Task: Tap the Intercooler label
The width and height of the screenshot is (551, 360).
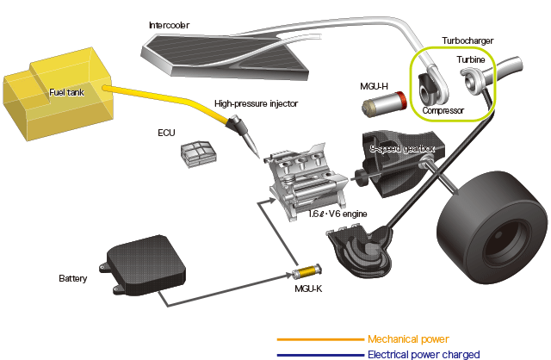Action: coord(169,25)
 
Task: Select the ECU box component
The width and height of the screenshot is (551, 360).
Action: coord(199,154)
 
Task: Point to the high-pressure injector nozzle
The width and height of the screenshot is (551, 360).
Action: coord(244,135)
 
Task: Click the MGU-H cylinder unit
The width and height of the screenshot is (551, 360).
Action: coord(384,103)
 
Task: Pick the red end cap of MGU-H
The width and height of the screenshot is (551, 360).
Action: coord(401,99)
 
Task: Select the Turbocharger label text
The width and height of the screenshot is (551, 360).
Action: coord(467,40)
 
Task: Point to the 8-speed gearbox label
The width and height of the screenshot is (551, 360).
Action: coord(402,149)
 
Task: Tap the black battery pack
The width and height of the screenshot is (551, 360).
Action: coord(145,265)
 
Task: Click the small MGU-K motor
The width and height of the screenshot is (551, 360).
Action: coord(306,272)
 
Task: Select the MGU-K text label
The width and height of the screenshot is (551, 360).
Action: coord(308,289)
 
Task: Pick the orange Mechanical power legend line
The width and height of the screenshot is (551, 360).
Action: coord(320,339)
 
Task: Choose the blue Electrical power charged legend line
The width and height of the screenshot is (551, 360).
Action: coord(320,355)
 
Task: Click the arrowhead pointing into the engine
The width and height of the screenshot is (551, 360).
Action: coord(272,201)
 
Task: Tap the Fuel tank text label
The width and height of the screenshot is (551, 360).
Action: coord(66,92)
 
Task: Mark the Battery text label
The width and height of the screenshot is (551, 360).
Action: coord(72,278)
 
